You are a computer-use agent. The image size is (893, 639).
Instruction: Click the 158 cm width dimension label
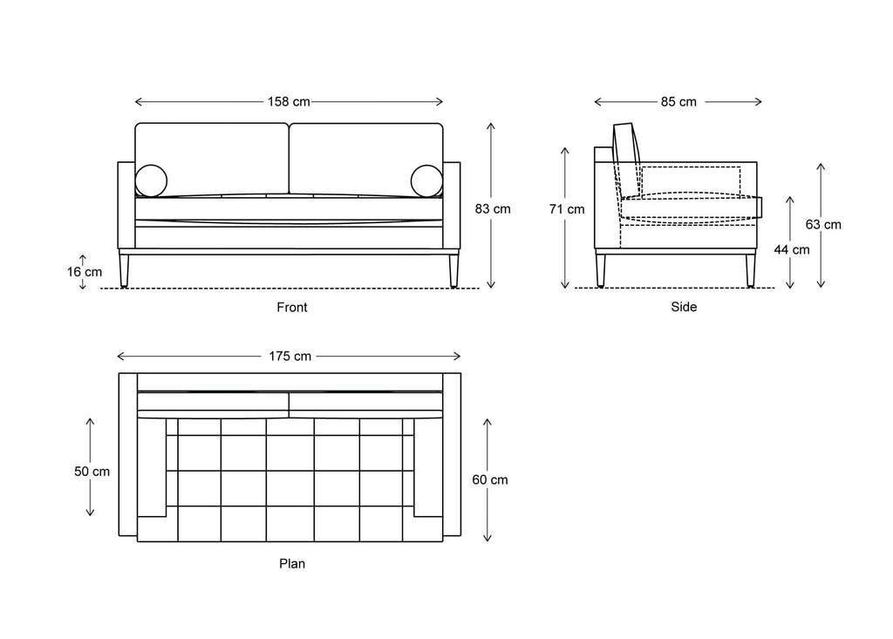click(x=289, y=102)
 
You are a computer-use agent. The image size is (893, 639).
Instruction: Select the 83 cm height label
click(x=493, y=209)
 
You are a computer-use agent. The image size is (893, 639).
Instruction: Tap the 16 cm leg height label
click(x=85, y=272)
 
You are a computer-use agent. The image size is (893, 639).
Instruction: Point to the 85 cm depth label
click(x=678, y=102)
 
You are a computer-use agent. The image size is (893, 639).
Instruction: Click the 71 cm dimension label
click(x=567, y=209)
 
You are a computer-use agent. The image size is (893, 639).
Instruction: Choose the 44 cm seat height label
click(x=792, y=249)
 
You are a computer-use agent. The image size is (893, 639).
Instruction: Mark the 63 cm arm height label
click(x=823, y=224)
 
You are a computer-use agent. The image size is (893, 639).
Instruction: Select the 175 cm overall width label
click(x=290, y=357)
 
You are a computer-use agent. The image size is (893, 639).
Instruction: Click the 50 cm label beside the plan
click(x=92, y=472)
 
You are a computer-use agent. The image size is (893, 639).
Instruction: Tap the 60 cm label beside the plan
click(x=490, y=480)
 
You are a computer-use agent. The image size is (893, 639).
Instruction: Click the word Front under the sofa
click(x=292, y=308)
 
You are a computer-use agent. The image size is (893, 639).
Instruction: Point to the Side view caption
click(x=684, y=307)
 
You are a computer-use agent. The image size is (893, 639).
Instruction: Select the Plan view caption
click(x=292, y=564)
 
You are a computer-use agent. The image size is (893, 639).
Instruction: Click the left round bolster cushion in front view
click(x=151, y=181)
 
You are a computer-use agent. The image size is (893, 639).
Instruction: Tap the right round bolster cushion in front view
click(x=426, y=181)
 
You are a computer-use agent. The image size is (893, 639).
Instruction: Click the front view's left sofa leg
click(x=124, y=270)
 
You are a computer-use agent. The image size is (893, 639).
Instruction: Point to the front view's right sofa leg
click(x=453, y=270)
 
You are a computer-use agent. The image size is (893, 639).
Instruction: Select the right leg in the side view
click(x=751, y=270)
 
